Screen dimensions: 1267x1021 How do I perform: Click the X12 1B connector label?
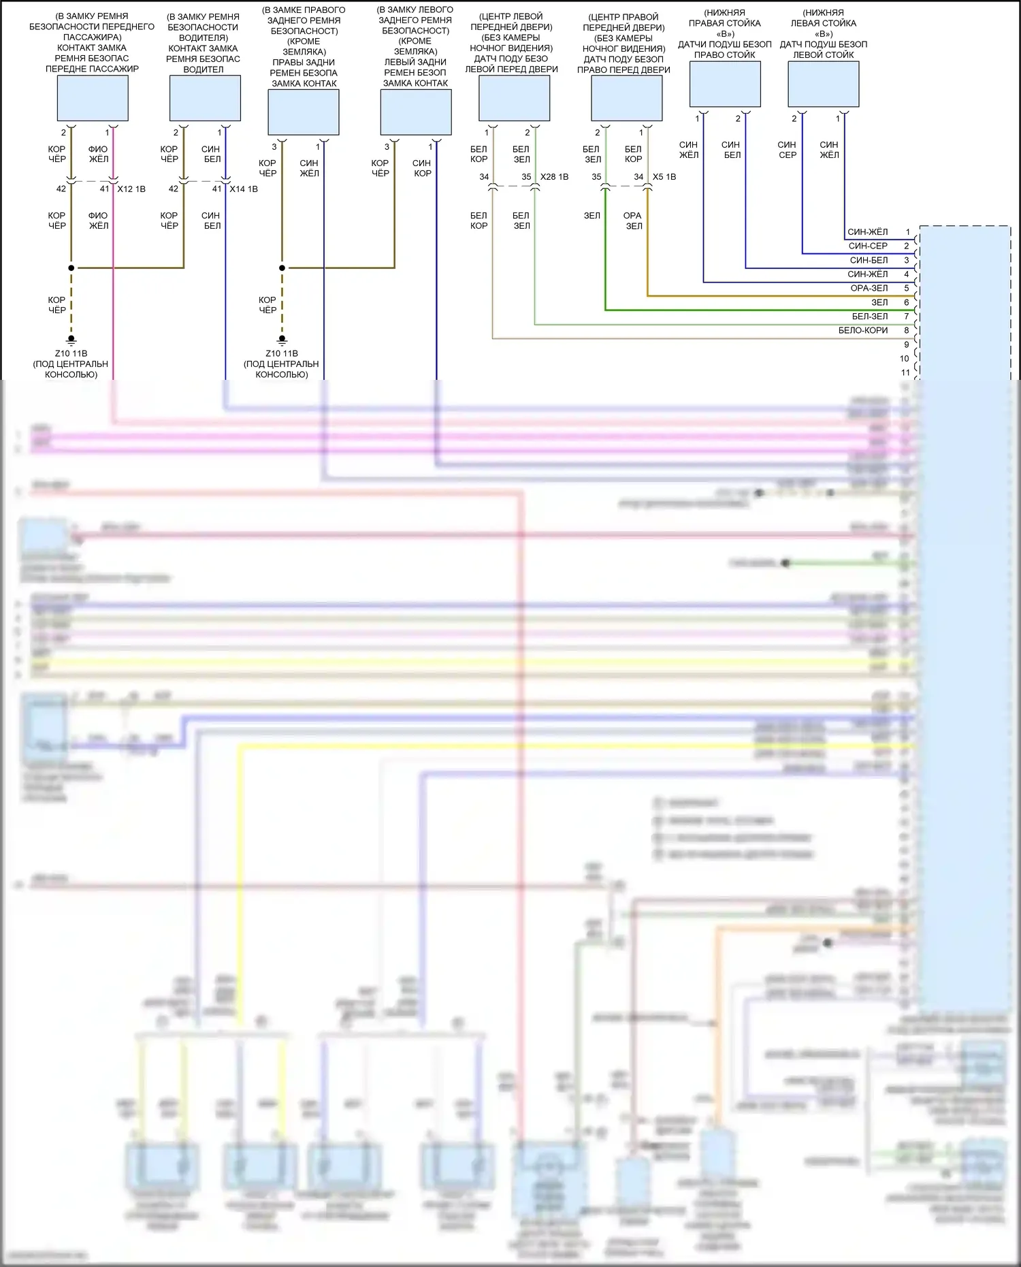(131, 189)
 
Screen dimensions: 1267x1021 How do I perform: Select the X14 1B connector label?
(244, 189)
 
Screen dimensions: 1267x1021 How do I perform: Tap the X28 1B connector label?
(554, 177)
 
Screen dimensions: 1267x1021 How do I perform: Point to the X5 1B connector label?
(664, 177)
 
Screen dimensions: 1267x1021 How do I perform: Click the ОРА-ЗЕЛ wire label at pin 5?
(869, 288)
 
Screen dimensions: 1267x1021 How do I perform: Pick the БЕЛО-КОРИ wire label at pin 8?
(863, 330)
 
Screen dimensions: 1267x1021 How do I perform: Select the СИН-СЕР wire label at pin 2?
(868, 246)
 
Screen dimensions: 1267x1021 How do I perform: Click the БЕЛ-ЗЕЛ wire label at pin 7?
(870, 316)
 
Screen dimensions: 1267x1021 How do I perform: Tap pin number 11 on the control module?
(905, 372)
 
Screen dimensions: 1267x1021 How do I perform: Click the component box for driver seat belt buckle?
(205, 98)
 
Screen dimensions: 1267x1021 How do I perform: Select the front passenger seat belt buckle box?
(93, 98)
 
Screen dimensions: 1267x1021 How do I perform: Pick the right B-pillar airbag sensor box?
(725, 84)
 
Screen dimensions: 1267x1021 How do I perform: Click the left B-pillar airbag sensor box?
(824, 84)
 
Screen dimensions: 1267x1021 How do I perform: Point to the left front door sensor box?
(515, 98)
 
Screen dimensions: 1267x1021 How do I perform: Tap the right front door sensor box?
(627, 98)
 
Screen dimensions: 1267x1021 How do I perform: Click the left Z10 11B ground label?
(71, 353)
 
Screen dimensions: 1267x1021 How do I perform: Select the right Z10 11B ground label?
(282, 353)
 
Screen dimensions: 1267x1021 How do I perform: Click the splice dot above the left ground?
(71, 268)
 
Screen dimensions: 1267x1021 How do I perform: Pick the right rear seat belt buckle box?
(304, 112)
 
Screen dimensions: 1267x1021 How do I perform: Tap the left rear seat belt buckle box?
(416, 112)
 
